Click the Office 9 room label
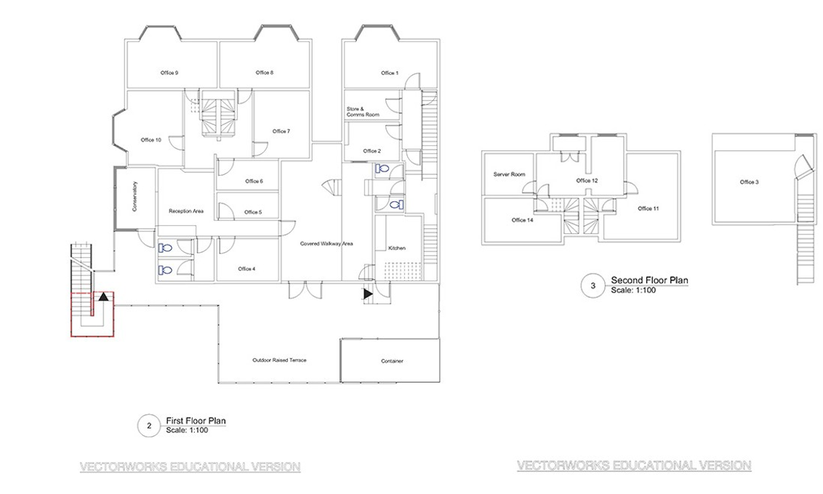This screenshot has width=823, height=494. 170,73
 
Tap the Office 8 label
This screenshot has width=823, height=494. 265,73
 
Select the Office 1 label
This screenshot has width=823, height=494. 390,73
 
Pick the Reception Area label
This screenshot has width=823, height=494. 185,211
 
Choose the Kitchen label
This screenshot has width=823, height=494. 396,248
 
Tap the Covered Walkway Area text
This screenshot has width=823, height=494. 326,243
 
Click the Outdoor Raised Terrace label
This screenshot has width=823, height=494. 279,360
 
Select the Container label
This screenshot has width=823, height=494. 392,361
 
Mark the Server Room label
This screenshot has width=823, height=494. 509,175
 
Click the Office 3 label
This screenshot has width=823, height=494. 750,182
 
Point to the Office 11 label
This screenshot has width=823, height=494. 648,208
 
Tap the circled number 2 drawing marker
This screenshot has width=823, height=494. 149,426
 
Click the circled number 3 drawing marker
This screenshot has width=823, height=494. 593,286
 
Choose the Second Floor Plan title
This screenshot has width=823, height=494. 649,280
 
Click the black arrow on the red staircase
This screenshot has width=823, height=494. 103,296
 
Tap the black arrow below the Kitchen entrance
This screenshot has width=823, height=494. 368,293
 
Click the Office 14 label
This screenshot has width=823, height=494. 523,220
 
